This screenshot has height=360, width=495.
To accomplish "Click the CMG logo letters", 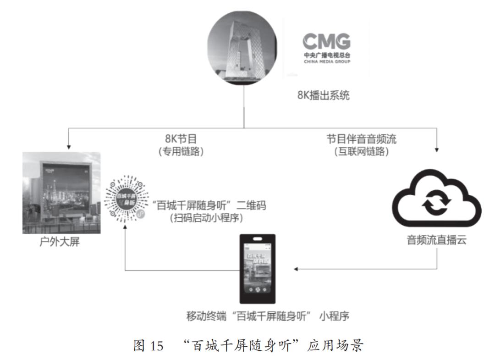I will pos(326,42).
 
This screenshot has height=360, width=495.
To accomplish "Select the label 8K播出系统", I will pos(323,96).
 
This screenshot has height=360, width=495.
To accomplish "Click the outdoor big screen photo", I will pos(61,193).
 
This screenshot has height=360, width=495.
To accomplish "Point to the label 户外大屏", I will pos(60,242).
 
